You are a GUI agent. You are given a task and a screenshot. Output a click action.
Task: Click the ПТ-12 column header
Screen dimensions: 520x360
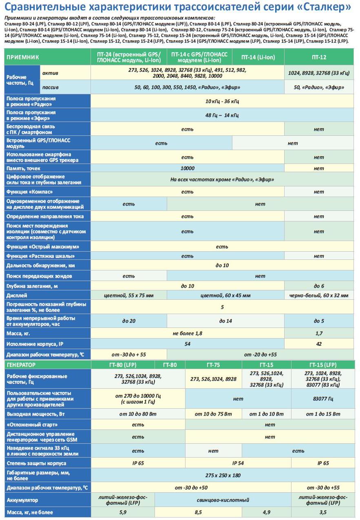(x=319, y=58)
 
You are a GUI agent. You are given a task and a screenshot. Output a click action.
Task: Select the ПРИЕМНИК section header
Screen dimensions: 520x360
(x=23, y=58)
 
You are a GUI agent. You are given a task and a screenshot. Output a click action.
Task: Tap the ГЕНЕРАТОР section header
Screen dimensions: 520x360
(x=21, y=364)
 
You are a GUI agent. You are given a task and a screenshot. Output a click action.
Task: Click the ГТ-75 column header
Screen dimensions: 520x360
(x=213, y=365)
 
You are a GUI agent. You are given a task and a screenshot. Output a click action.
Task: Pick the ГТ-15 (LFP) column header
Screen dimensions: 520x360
(x=323, y=365)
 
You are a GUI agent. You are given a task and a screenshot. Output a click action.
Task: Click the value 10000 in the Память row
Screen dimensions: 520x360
(x=187, y=168)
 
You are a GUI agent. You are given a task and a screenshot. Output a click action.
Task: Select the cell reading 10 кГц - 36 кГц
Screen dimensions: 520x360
(x=222, y=101)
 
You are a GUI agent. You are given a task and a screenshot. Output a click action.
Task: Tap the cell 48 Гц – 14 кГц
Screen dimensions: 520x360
(x=222, y=115)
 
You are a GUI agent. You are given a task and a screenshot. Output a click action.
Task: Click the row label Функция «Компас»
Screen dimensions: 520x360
(x=28, y=192)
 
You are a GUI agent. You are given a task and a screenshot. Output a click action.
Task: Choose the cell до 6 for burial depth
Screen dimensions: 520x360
(x=319, y=286)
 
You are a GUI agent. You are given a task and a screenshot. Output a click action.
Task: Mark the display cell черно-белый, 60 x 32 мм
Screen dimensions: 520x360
(x=319, y=295)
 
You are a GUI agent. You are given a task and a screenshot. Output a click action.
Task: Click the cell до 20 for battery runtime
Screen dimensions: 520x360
(x=128, y=321)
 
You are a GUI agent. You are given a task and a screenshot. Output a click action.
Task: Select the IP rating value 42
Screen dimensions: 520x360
(x=319, y=344)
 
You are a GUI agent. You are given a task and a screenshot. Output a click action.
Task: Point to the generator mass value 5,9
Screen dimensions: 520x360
(x=123, y=512)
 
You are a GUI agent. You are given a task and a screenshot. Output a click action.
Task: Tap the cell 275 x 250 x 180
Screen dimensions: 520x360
(x=223, y=475)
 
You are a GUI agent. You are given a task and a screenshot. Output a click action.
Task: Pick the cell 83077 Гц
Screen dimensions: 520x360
(x=322, y=398)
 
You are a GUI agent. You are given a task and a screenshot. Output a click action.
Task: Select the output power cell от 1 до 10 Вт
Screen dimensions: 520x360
(x=266, y=414)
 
